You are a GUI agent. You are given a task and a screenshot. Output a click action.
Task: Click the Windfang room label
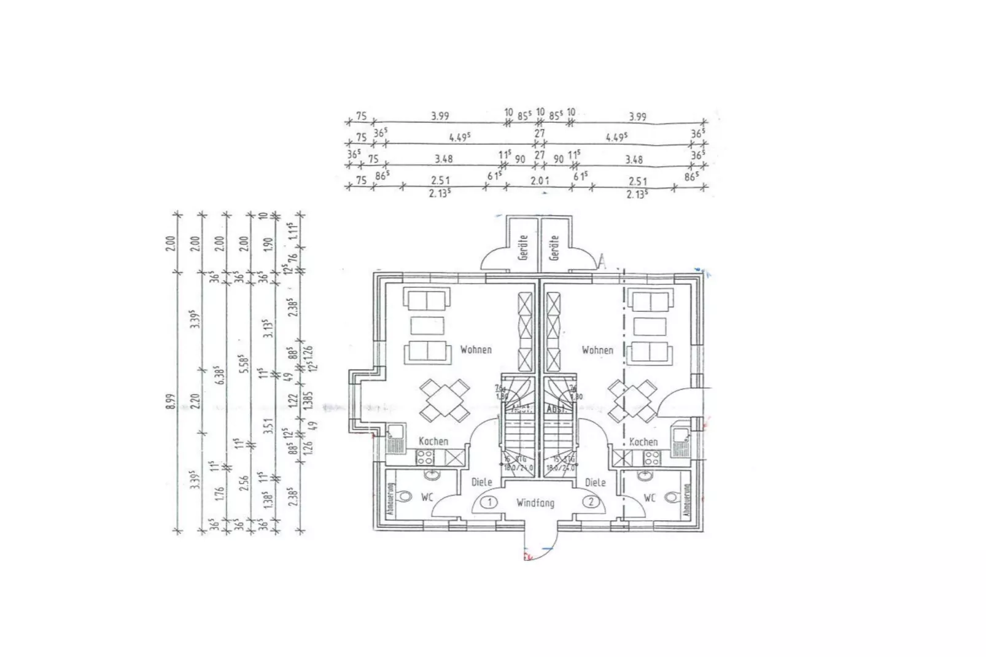[x=535, y=503]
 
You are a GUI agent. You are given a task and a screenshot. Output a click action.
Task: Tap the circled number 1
[x=489, y=502]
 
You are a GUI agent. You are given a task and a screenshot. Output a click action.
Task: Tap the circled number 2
[x=591, y=502]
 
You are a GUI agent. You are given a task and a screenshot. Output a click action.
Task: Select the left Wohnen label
[x=476, y=350]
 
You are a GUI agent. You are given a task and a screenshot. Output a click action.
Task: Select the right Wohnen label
[x=597, y=350]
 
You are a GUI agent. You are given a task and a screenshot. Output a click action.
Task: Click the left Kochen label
[x=433, y=441]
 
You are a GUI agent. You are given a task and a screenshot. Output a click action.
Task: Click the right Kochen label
[x=643, y=441]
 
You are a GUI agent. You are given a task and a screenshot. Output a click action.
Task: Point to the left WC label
[x=427, y=497]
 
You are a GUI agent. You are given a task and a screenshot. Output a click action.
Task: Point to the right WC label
[x=650, y=497]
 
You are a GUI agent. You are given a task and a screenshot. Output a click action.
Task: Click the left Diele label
[x=482, y=483]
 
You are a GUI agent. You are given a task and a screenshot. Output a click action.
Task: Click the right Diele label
[x=596, y=483]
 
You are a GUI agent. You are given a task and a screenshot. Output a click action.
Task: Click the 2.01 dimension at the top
[x=540, y=181]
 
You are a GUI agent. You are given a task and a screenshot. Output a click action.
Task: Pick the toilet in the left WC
[x=403, y=497]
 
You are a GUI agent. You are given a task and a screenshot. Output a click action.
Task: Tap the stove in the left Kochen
[x=425, y=456]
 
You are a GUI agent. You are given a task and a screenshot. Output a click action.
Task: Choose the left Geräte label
[x=524, y=247]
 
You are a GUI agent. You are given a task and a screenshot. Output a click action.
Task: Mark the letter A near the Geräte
[x=602, y=262]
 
